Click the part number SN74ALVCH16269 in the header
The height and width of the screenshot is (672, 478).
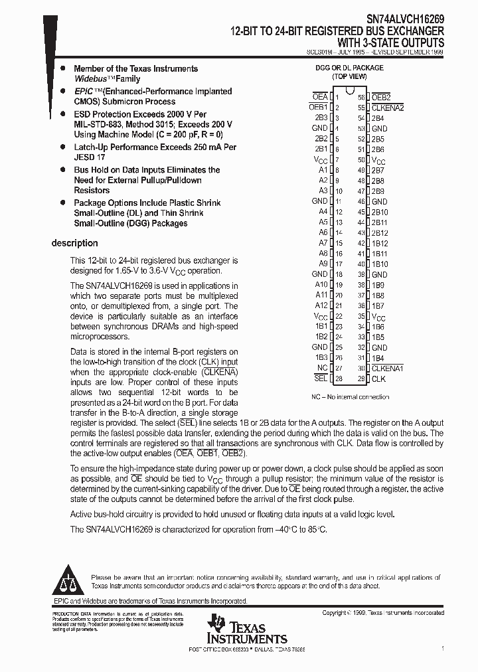coord(406,21)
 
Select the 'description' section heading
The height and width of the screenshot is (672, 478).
coord(74,243)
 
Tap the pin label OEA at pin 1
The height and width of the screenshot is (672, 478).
coord(320,97)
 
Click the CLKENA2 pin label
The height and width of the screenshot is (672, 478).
coord(388,108)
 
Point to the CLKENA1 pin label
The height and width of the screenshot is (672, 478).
coord(388,368)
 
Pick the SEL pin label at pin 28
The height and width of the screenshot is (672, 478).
coord(321,378)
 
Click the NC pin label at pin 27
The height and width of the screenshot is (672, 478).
coord(323,368)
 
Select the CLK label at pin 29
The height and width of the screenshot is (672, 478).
coord(378,378)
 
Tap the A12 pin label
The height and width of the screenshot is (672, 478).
coord(321,305)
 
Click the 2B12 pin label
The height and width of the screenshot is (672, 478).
coord(380,232)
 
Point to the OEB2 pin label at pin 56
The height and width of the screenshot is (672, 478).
coord(381,97)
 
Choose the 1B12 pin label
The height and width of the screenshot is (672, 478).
coord(380,243)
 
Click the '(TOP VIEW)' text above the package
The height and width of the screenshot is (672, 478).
coord(349,77)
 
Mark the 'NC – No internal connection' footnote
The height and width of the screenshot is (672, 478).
coord(350,397)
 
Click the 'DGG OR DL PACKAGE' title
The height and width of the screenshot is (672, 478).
coord(349,68)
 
